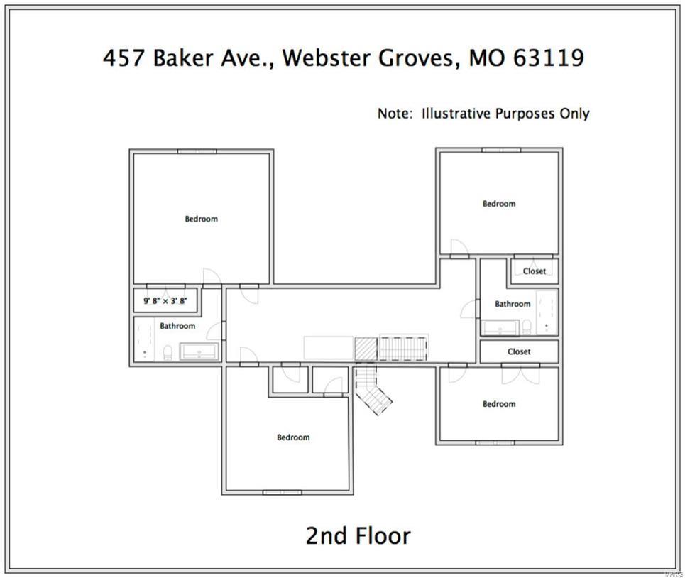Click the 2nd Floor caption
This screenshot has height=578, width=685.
tap(358, 535)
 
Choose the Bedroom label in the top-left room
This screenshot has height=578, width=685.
tap(201, 219)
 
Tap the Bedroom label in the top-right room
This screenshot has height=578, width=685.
tap(499, 204)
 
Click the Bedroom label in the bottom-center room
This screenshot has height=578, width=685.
tap(293, 437)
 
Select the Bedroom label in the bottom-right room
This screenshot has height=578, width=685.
tap(499, 404)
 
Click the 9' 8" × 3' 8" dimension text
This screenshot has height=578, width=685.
tap(165, 301)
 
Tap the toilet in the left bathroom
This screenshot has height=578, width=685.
tap(166, 352)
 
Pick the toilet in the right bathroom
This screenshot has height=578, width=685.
tap(527, 327)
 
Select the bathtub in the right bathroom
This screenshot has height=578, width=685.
tap(547, 311)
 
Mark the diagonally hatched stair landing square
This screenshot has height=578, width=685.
tap(366, 349)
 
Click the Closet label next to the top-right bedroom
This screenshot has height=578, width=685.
tap(535, 271)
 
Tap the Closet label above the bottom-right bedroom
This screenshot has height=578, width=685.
tap(519, 351)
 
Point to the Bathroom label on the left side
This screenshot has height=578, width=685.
tap(177, 326)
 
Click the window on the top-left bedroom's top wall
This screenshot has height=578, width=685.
tap(197, 151)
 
